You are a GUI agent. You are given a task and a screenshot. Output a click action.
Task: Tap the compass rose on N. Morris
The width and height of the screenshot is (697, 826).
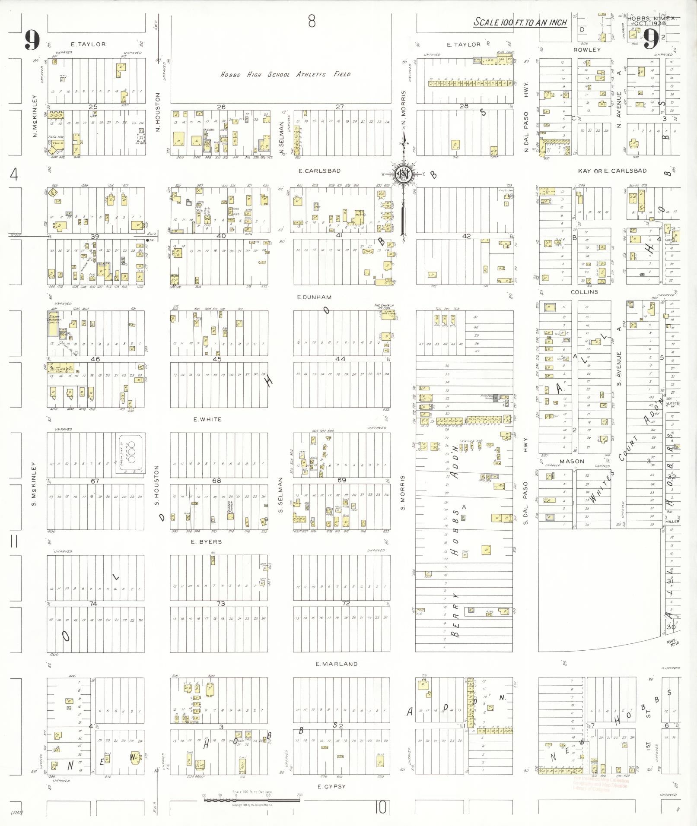tap(403, 174)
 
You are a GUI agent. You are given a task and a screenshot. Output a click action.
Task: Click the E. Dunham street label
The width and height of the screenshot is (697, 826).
tap(314, 297)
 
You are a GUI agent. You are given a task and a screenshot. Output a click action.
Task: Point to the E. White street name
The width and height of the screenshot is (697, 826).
tap(207, 419)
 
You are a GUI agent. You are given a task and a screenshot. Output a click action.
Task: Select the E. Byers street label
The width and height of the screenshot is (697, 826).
tap(207, 541)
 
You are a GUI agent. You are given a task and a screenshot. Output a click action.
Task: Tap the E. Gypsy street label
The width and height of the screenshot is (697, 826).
tap(331, 786)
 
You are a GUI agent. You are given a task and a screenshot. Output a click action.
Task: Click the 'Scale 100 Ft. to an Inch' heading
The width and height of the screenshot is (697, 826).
tap(520, 22)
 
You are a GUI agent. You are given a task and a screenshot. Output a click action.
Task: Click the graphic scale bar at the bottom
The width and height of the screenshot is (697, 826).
tap(252, 800)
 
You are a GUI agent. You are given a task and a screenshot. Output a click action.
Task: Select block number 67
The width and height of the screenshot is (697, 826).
tap(95, 481)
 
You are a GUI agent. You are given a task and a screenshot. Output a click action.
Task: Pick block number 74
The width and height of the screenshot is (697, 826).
tap(93, 604)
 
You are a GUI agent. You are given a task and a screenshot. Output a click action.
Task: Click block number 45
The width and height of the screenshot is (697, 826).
tap(217, 359)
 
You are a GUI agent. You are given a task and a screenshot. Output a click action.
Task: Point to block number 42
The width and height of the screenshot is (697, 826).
tap(466, 236)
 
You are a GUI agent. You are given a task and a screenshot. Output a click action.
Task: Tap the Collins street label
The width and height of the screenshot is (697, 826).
tap(584, 292)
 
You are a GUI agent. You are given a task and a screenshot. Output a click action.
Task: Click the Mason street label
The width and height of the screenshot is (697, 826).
tap(572, 461)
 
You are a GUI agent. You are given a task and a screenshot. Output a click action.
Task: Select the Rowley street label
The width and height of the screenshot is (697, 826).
tap(587, 50)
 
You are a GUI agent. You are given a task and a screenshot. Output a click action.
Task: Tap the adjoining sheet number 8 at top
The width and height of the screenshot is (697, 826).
tap(312, 21)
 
